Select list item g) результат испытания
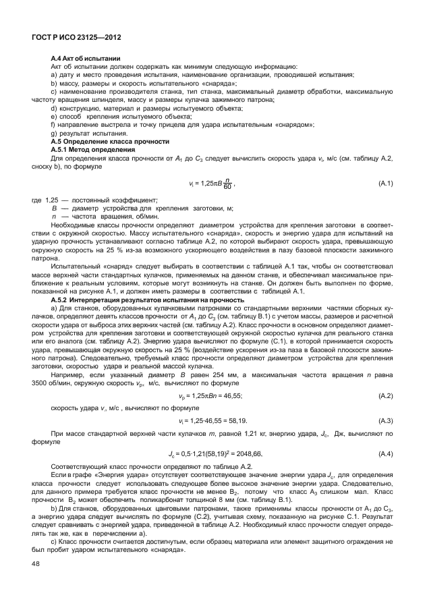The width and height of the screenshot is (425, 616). click(x=84, y=134)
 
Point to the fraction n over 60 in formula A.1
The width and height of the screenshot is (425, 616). click(x=229, y=184)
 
